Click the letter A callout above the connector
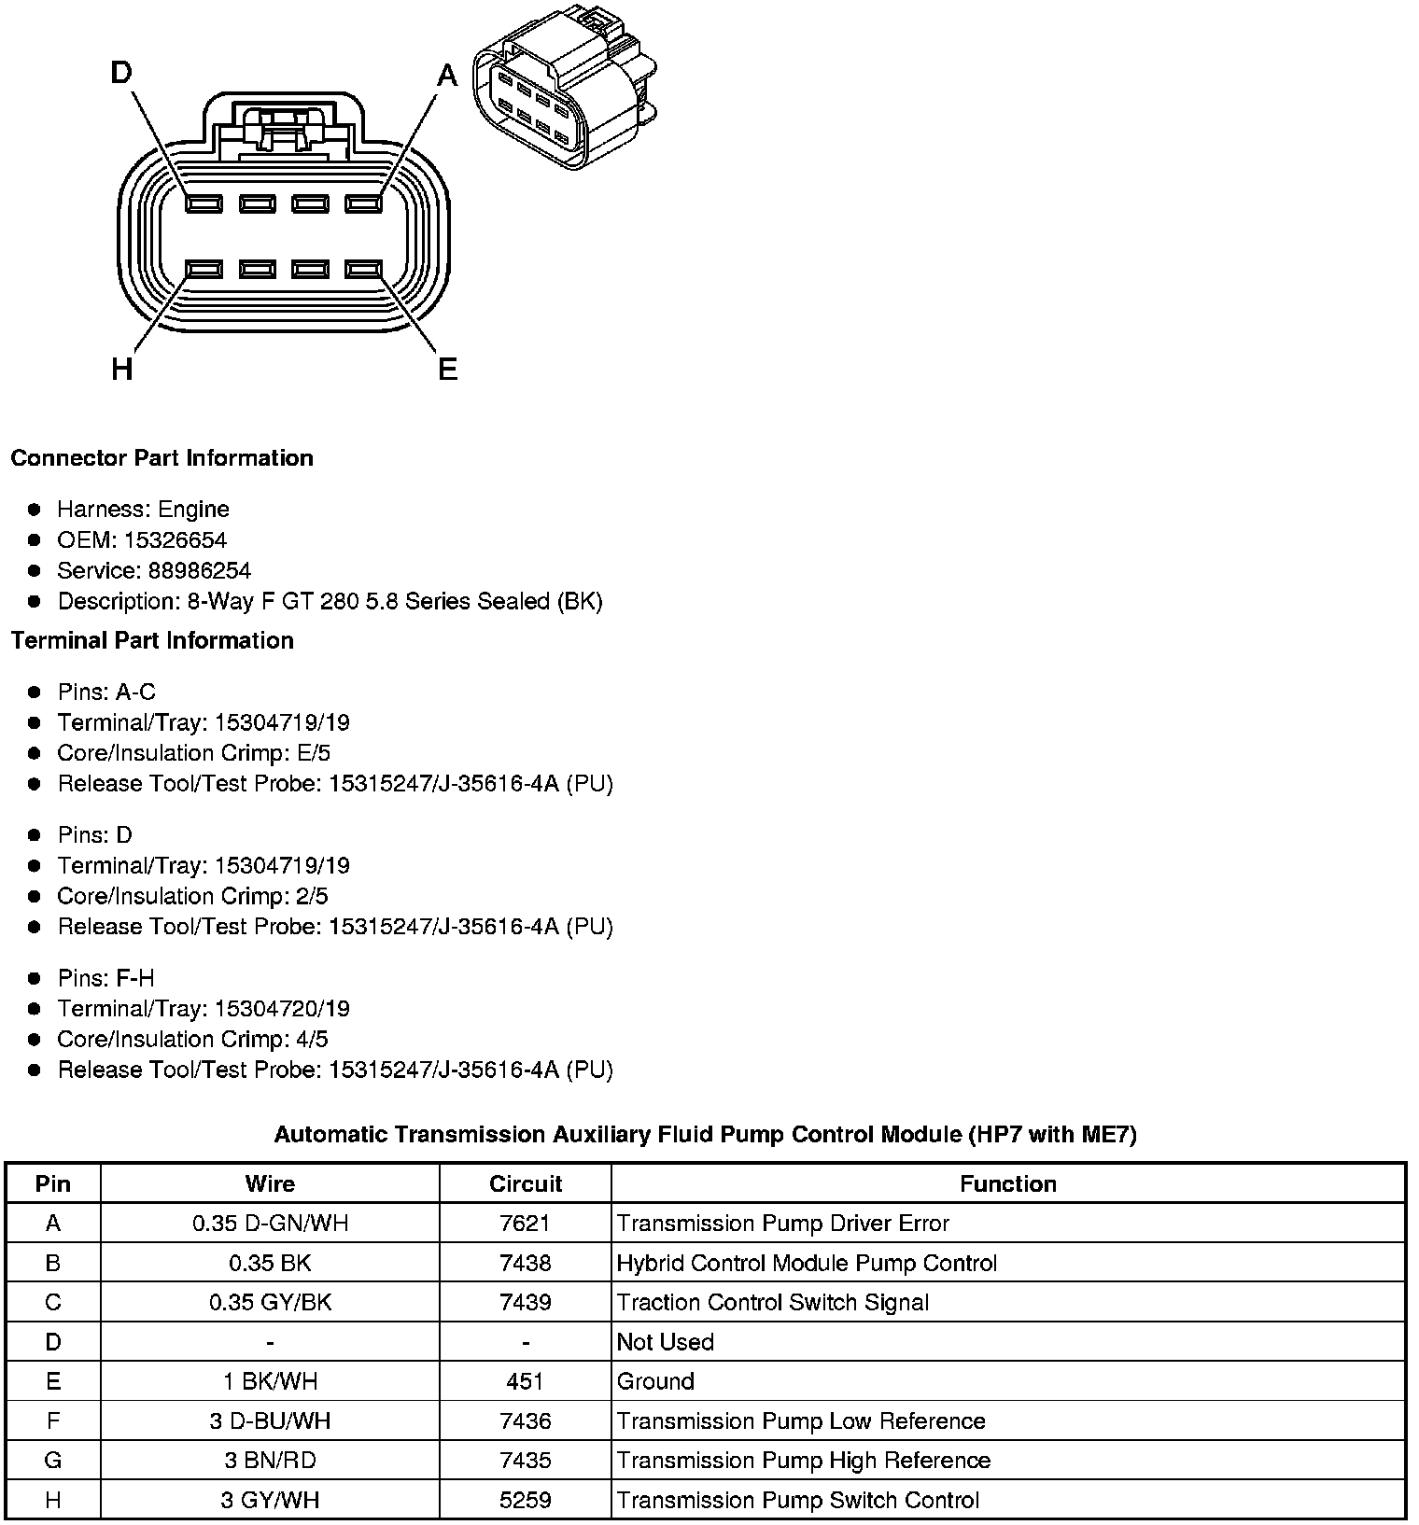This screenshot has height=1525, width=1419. coord(448,76)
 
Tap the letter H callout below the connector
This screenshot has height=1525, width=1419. coord(121,371)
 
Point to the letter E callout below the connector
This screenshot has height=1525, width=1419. coord(448,371)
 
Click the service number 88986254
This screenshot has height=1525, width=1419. coord(199,571)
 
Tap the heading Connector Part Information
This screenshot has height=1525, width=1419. coord(162,458)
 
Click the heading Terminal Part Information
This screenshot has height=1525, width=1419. coord(152,640)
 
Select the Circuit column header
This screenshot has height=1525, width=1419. coord(525,1183)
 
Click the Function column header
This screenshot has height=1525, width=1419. coord(1007,1183)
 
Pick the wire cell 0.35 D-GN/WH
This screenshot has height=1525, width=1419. coord(270,1223)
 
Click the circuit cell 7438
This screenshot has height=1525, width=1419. coord(525,1263)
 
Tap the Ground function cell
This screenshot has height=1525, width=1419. coord(655,1381)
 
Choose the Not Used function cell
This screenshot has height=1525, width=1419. coord(665,1342)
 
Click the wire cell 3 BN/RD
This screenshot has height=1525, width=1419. coord(270,1461)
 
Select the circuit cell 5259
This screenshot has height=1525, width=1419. coord(525,1500)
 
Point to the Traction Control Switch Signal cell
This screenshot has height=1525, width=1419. coord(772,1302)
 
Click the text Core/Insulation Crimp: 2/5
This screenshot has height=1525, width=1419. coord(192,896)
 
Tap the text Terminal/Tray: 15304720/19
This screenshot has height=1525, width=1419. coord(204,1009)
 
